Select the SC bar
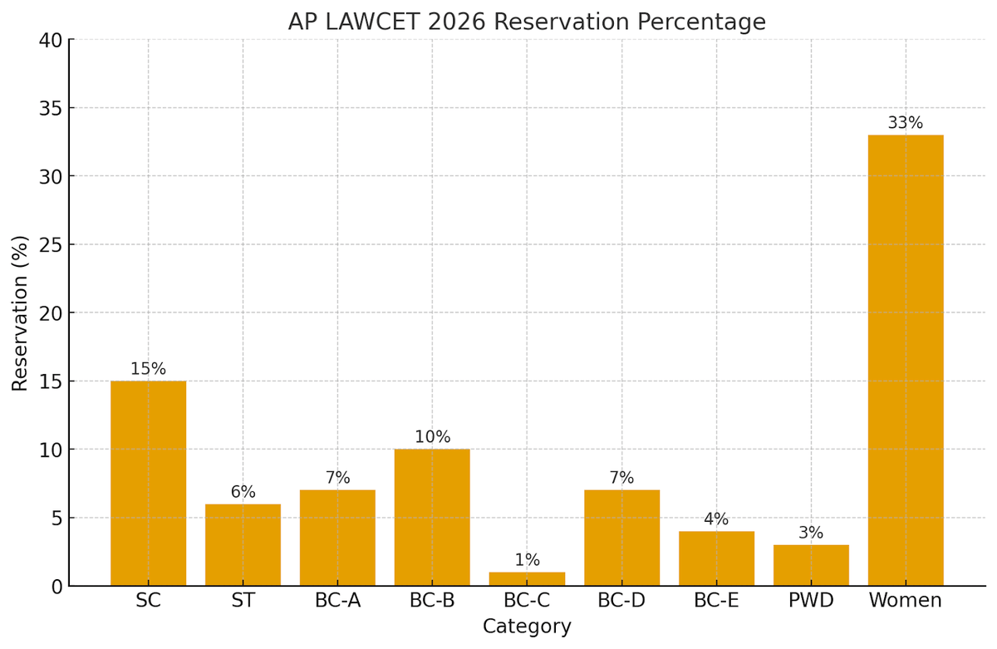pos(148,483)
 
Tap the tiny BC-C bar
pos(527,578)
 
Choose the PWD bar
pos(811,565)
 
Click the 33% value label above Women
pos(905,123)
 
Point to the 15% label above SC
pos(148,369)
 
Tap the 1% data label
pos(527,560)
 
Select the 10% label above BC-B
pos(432,437)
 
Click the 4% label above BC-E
pos(716,519)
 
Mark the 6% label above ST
pos(243,492)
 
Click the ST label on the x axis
pos(243,601)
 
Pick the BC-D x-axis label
pos(621,601)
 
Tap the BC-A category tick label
pos(337,601)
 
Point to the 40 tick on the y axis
pos(50,40)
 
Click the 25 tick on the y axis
pos(50,245)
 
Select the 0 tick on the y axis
pos(56,587)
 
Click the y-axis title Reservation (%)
pos(20,312)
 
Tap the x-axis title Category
pos(527,627)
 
